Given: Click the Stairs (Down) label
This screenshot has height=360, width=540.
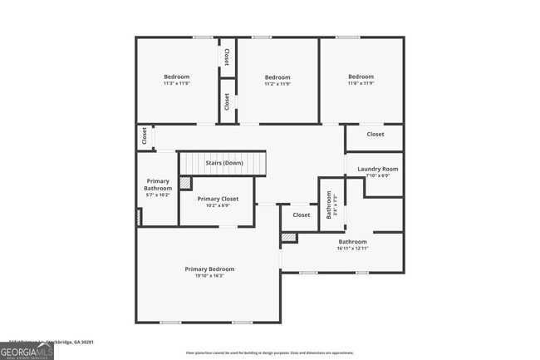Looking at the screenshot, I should click(224, 163).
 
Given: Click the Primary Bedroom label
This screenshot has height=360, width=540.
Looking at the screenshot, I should click(209, 269).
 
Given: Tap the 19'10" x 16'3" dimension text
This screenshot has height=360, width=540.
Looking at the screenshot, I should click(209, 276).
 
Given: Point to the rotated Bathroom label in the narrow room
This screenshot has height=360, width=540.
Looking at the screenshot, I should click(329, 205).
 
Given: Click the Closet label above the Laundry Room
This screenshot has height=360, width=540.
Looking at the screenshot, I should click(376, 134).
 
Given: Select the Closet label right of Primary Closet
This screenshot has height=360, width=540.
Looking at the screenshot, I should click(301, 215).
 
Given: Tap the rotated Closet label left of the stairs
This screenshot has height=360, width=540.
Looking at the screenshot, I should click(145, 136).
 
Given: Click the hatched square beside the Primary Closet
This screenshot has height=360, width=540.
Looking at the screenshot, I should click(185, 183).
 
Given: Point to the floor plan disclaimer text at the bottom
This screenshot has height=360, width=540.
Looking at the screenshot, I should click(269, 353).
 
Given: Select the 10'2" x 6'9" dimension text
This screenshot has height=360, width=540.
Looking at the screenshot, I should click(218, 205).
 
